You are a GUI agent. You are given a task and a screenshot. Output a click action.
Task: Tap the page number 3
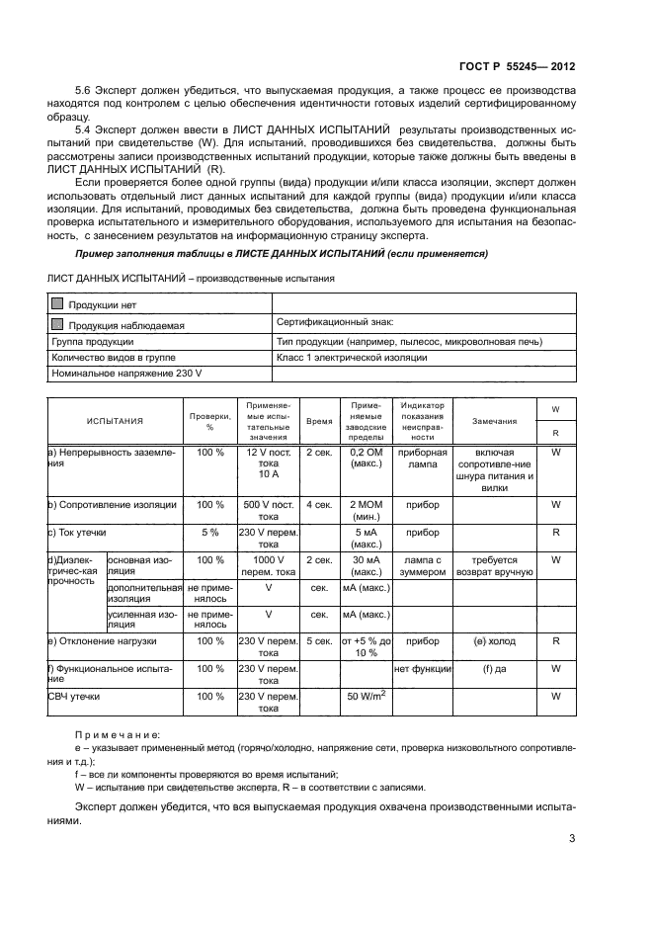pyautogui.click(x=572, y=840)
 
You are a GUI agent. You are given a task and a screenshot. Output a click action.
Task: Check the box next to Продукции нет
pyautogui.click(x=58, y=304)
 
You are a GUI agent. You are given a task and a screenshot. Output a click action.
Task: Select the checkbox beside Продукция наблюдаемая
pyautogui.click(x=58, y=323)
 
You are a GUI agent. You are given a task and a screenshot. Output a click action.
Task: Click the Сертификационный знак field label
pyautogui.click(x=335, y=322)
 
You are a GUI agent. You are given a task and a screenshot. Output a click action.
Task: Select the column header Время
pyautogui.click(x=319, y=421)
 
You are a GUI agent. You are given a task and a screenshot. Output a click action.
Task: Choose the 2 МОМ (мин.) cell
pyautogui.click(x=367, y=510)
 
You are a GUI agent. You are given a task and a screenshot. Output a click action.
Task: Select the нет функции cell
pyautogui.click(x=423, y=669)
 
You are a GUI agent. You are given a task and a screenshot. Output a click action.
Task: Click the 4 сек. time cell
pyautogui.click(x=319, y=504)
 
